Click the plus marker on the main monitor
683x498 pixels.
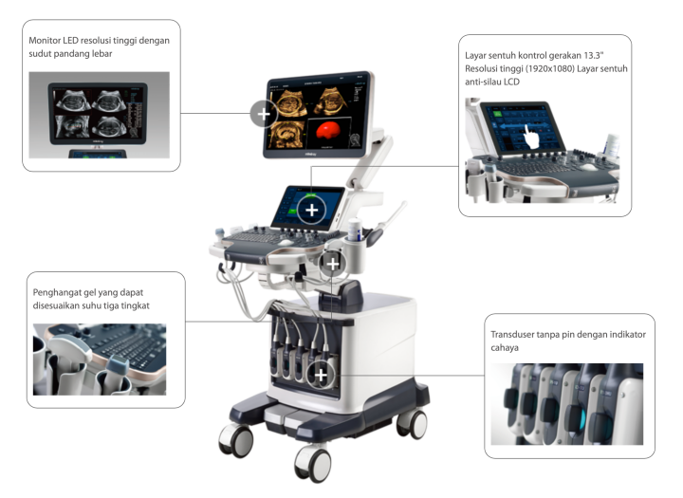(264, 114)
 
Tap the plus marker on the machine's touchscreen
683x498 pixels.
(311, 210)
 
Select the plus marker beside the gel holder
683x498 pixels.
(332, 264)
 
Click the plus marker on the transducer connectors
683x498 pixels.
(321, 375)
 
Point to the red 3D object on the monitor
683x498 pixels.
(327, 130)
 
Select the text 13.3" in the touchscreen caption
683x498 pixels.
(593, 55)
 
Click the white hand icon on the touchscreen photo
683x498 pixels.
(531, 137)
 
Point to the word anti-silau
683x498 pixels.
(483, 82)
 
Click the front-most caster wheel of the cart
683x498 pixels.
(314, 464)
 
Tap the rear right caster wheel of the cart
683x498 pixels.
(412, 424)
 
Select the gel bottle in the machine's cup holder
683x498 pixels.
(355, 230)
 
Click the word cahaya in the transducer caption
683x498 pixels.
(505, 348)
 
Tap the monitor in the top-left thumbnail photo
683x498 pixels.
(98, 113)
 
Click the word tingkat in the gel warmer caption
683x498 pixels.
(136, 305)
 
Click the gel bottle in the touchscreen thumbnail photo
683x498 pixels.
(611, 146)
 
